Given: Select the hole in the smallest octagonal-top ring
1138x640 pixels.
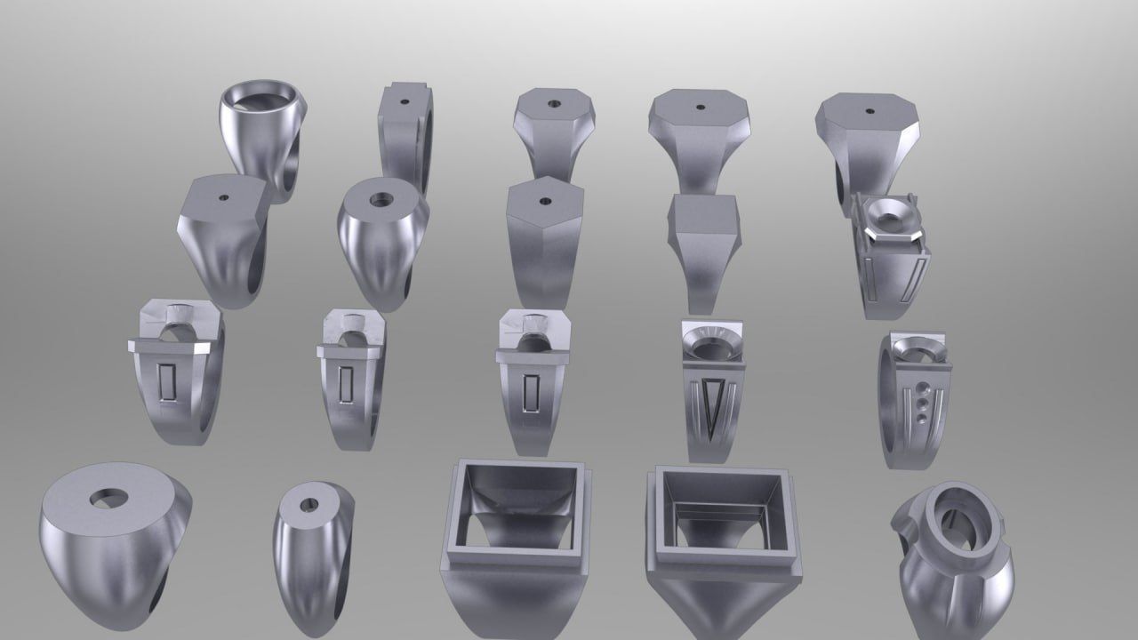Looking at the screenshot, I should (x=553, y=104).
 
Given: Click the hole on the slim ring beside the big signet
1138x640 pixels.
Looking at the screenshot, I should (x=309, y=504).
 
